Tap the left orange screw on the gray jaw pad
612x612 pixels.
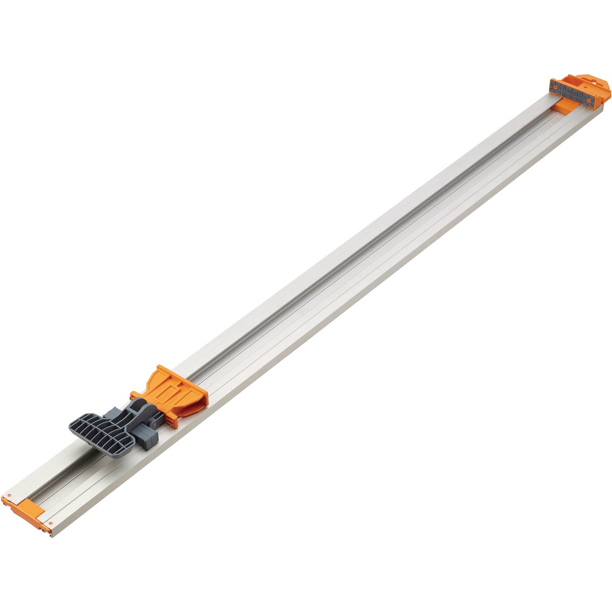pos(554,87)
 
